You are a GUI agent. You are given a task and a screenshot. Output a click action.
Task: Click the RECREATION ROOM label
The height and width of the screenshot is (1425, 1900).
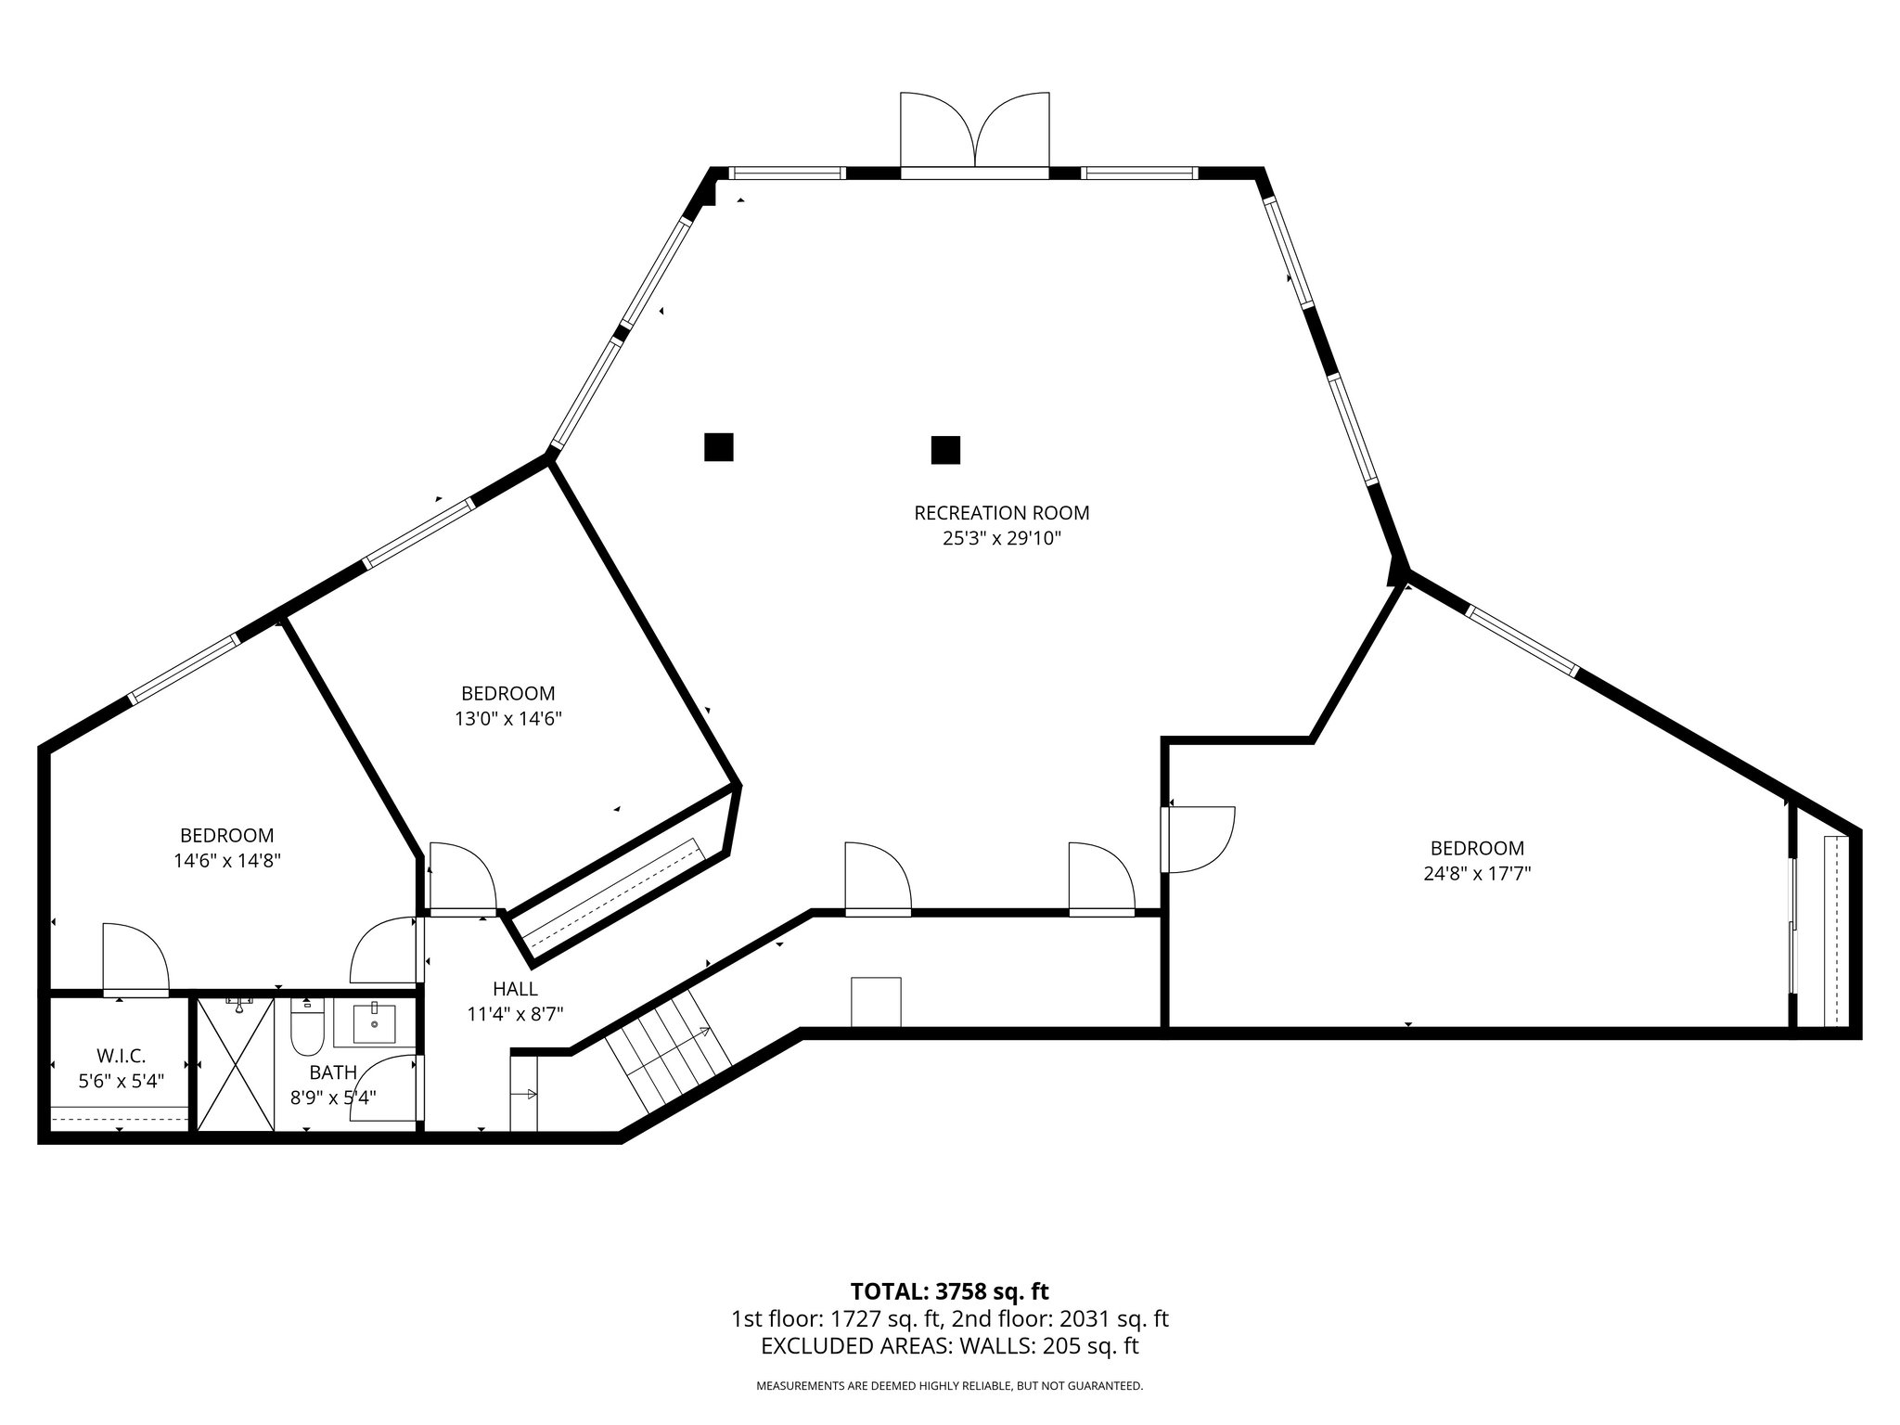coord(1001,513)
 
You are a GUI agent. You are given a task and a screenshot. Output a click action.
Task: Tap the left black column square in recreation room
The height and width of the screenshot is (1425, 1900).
coord(718,447)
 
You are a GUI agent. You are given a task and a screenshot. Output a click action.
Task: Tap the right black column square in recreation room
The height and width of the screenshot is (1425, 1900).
coord(944,450)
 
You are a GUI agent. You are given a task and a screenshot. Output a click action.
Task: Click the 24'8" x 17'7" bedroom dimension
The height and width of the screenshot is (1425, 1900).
coord(1477,873)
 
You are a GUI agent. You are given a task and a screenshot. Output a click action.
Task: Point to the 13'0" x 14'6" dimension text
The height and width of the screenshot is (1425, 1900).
coord(507,718)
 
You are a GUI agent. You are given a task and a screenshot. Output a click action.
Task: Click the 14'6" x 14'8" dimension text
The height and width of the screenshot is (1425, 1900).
coord(226,860)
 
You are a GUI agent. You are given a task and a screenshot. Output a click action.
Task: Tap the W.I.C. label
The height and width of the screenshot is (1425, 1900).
coord(121,1056)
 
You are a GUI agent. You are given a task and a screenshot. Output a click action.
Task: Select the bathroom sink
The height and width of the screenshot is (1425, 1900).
coord(374,1024)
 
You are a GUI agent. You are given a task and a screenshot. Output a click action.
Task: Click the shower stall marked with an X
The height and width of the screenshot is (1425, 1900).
coord(236,1063)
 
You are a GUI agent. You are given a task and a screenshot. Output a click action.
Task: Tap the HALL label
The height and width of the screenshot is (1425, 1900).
coord(515,989)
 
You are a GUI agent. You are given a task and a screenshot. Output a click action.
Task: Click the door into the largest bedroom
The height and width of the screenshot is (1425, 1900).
coord(1200,840)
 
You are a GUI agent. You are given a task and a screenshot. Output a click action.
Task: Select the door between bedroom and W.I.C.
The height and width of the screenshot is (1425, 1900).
coord(135,960)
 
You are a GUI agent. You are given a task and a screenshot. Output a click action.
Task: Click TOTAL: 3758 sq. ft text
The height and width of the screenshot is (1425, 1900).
coord(949,1291)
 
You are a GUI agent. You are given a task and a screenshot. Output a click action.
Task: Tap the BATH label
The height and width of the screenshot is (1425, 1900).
coord(332,1072)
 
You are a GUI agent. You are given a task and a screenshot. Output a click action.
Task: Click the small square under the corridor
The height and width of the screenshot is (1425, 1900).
coord(876,1002)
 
